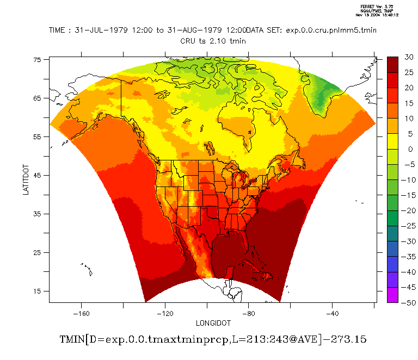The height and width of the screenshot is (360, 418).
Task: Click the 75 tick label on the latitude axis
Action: coord(38,60)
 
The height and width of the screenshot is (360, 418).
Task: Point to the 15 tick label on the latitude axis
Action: coord(38,291)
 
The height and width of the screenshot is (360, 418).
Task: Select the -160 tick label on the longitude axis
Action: coord(81,313)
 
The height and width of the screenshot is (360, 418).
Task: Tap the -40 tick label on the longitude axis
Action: coord(333,313)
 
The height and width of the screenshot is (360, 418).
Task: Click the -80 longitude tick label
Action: coord(249,313)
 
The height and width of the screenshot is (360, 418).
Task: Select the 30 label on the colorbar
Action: coord(409,57)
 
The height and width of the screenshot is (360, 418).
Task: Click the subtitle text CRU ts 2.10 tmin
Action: coord(213,40)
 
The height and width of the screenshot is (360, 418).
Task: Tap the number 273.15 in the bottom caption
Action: coord(348,339)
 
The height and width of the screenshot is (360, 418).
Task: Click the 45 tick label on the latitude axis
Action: coord(38,175)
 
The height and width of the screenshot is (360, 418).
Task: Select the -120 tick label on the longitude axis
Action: coord(165,313)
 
